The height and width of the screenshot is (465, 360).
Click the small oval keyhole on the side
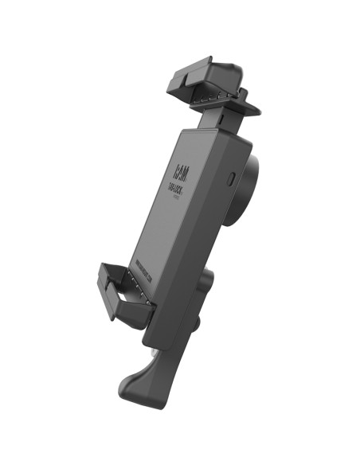(x=231, y=177)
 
